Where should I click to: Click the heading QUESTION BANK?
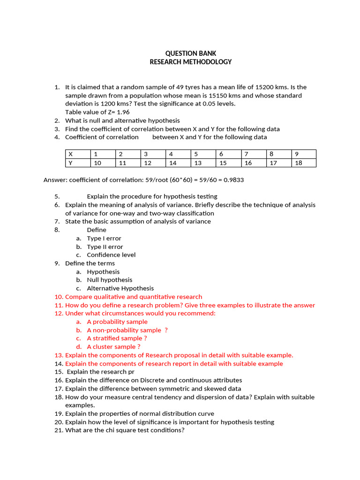click(190, 53)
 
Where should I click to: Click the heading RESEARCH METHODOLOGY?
click(190, 62)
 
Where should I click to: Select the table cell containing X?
click(78, 154)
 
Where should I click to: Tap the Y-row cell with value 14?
click(178, 163)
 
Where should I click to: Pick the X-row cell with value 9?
click(303, 154)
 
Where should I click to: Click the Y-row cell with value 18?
click(303, 163)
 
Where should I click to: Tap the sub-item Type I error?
click(104, 239)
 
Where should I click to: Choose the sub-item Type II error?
click(105, 247)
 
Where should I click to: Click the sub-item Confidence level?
click(111, 255)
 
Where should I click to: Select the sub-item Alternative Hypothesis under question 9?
click(120, 288)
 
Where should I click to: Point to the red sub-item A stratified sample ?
click(117, 338)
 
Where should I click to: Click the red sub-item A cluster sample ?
click(113, 347)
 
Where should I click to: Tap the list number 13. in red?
click(59, 355)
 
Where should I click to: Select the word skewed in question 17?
click(210, 389)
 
